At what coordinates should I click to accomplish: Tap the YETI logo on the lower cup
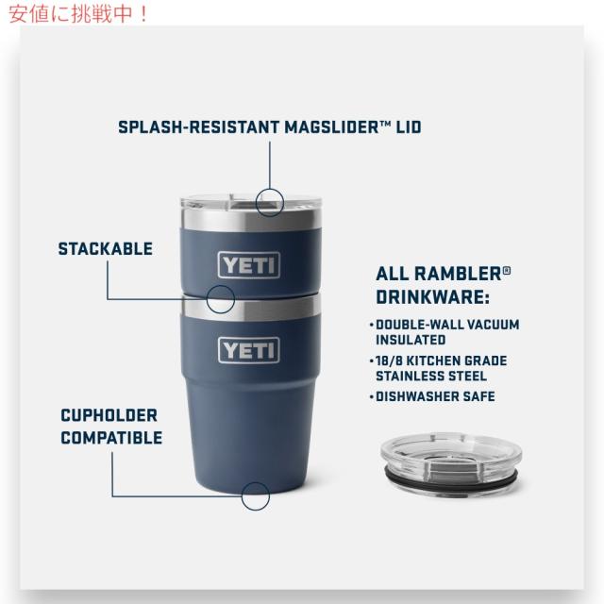(249, 350)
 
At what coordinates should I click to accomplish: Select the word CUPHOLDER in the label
(109, 415)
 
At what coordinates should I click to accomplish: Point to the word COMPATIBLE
(111, 438)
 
